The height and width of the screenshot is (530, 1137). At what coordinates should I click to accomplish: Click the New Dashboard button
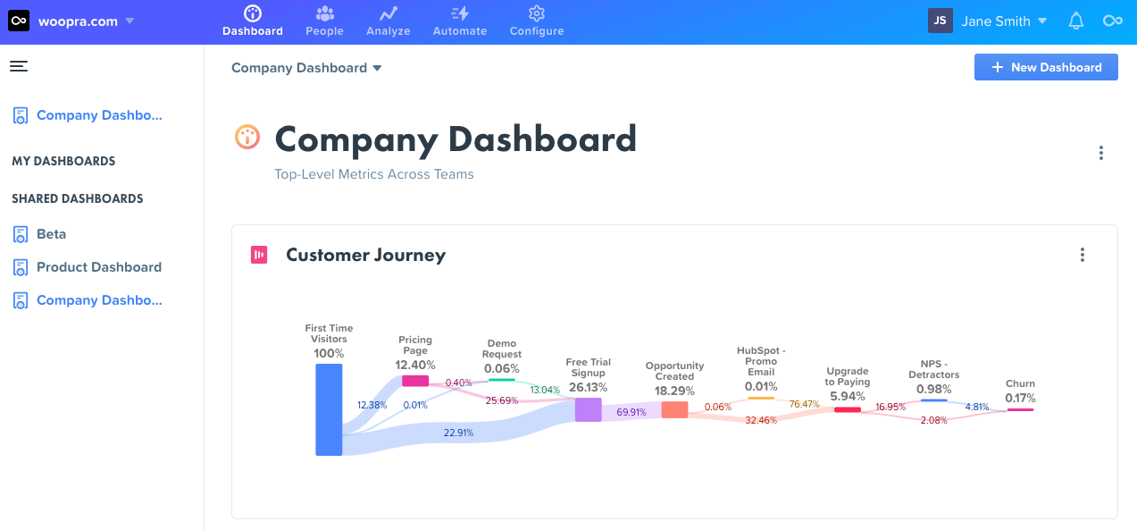click(x=1046, y=67)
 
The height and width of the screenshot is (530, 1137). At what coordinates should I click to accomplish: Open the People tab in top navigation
click(x=324, y=21)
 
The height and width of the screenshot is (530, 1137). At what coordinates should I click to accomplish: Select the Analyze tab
click(x=388, y=21)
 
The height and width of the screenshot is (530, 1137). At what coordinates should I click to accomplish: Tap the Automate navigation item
click(x=459, y=21)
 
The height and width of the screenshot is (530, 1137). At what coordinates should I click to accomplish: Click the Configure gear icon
click(x=536, y=13)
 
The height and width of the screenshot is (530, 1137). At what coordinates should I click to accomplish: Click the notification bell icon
click(x=1076, y=21)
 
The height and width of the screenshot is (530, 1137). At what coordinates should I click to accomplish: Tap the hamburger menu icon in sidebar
click(x=19, y=66)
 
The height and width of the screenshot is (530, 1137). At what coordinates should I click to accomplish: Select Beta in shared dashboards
click(x=51, y=234)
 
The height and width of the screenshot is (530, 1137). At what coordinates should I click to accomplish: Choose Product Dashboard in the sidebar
click(x=98, y=267)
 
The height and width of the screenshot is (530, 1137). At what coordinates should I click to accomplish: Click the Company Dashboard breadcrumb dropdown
click(x=306, y=68)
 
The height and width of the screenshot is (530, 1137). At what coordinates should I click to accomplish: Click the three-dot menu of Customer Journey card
click(x=1082, y=255)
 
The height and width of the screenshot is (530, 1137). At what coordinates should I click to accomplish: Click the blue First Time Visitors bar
click(x=329, y=409)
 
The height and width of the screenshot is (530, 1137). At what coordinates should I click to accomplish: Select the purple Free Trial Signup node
click(x=588, y=409)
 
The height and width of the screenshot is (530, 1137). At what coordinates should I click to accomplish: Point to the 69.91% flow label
click(x=631, y=412)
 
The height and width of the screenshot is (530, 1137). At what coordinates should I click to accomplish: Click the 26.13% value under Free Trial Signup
click(x=588, y=387)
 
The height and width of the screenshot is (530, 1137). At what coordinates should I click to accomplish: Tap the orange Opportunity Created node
click(x=674, y=409)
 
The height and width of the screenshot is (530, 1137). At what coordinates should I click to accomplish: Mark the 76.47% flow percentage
click(x=804, y=404)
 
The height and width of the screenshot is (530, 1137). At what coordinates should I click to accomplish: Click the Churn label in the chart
click(x=1020, y=383)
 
